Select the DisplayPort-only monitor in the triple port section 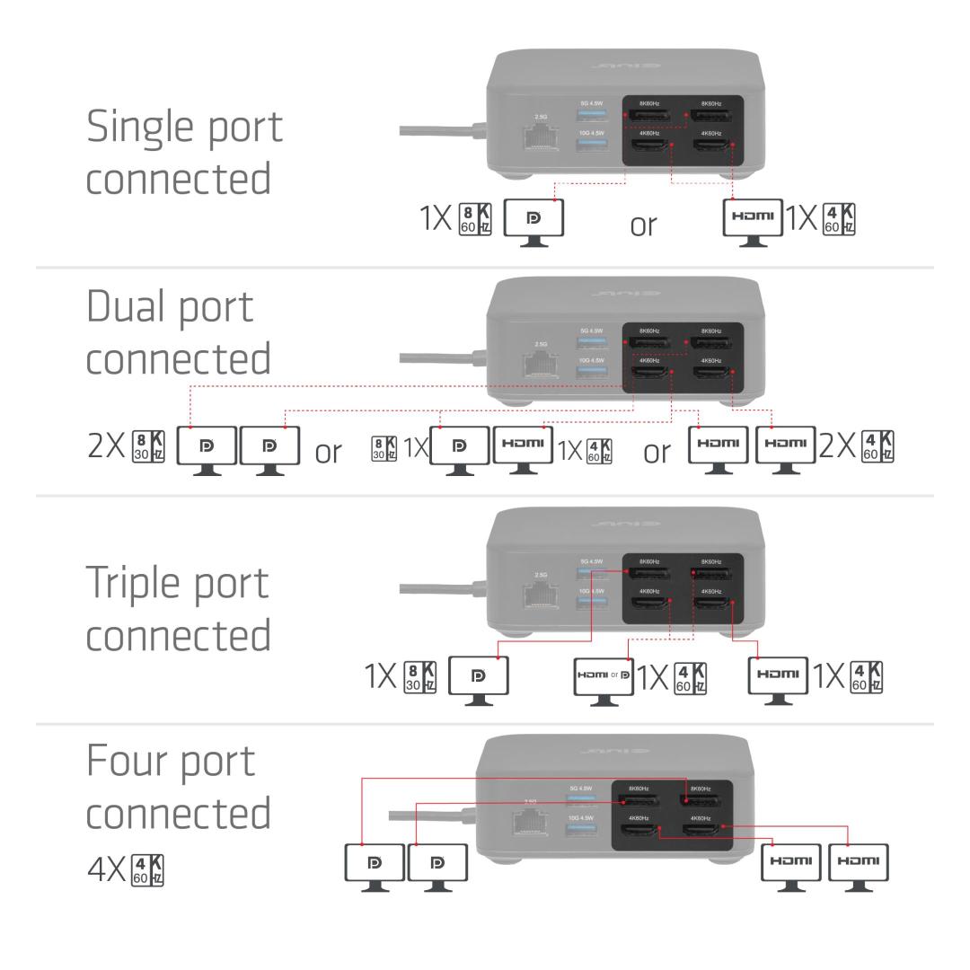tap(478, 675)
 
